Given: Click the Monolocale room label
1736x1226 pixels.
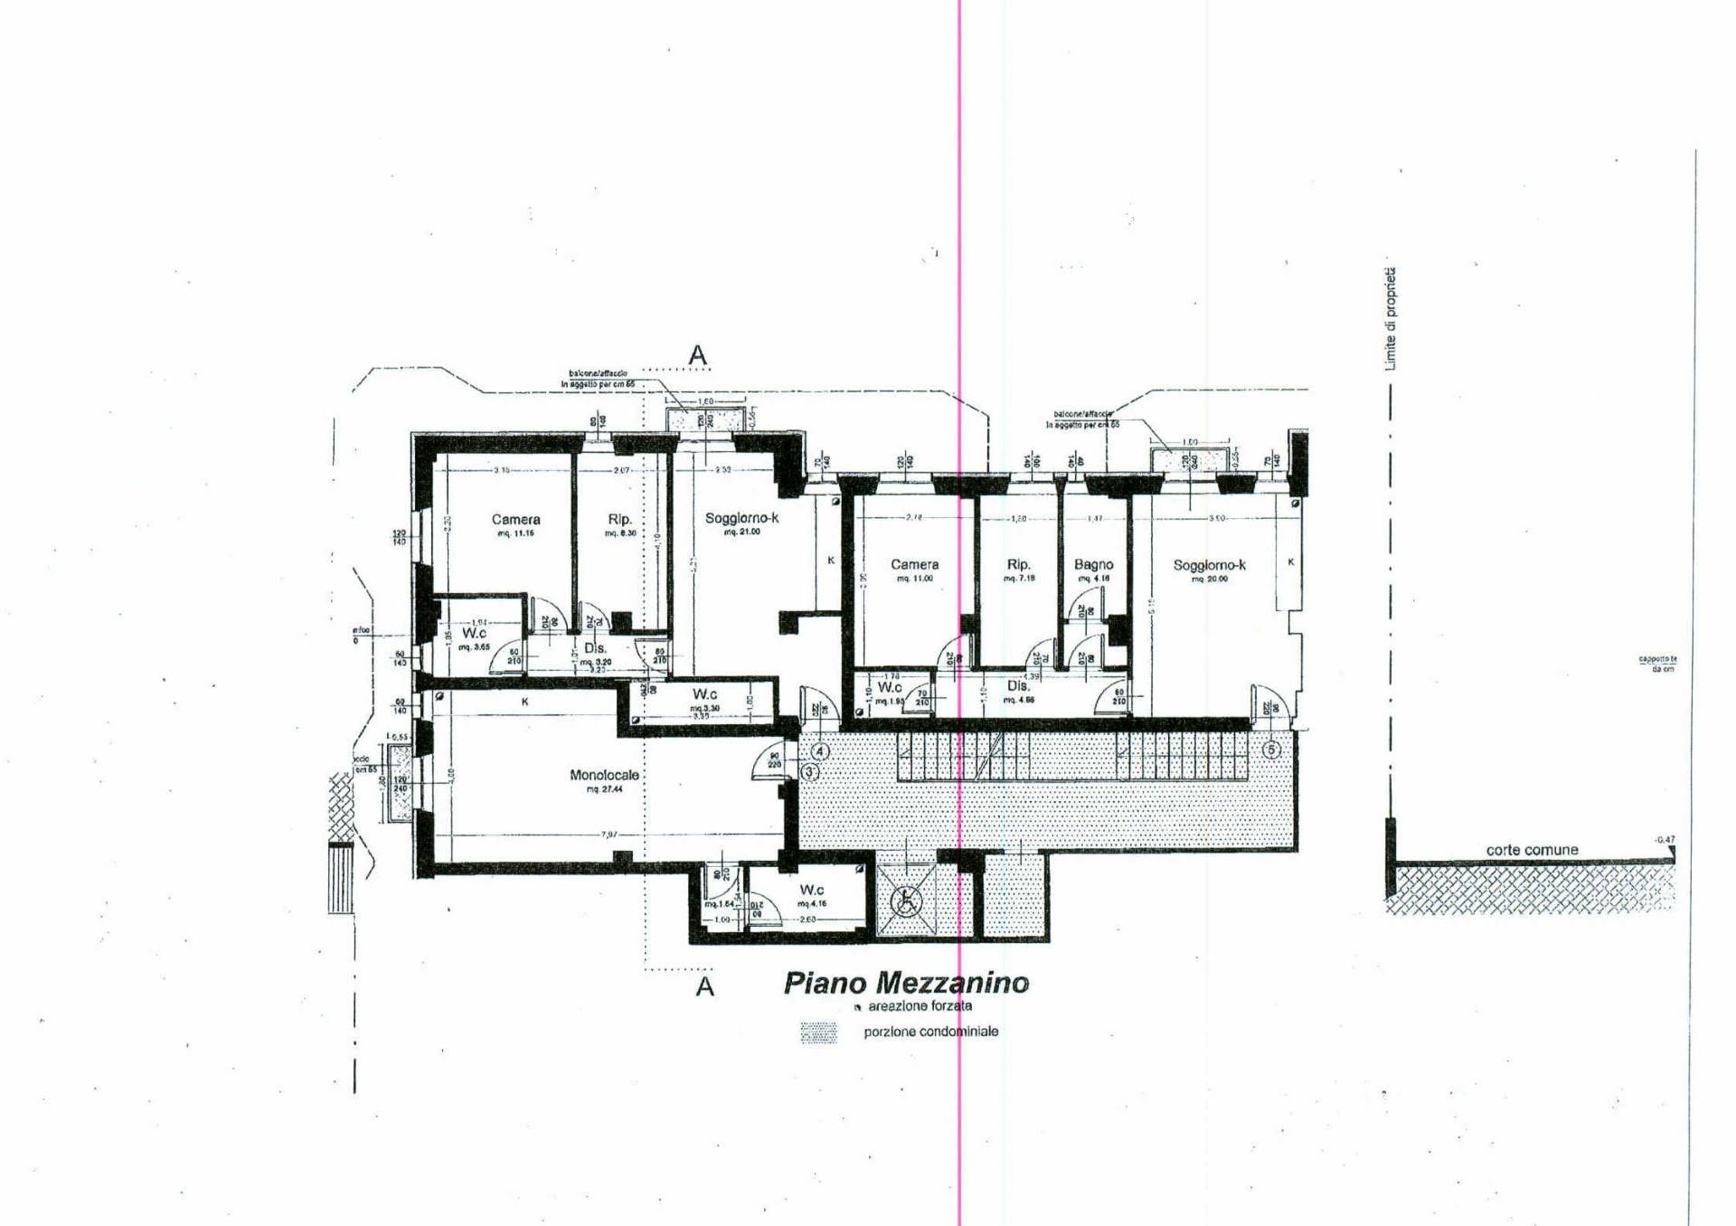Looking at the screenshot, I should tap(604, 775).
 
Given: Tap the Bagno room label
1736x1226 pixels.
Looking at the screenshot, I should tap(1093, 564).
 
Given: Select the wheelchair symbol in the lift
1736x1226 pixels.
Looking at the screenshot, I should tap(903, 900).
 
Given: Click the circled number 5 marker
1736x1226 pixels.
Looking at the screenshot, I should tap(1271, 750).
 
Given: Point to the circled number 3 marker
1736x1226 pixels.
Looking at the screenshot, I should tap(809, 771).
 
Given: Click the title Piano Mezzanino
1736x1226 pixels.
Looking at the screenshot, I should tap(905, 983).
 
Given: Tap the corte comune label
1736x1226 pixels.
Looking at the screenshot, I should tap(1532, 850).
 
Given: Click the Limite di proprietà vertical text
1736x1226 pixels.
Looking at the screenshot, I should tap(1391, 318).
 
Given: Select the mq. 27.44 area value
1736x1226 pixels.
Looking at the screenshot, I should tap(604, 789).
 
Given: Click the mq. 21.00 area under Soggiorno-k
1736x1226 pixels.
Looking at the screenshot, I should tap(741, 533).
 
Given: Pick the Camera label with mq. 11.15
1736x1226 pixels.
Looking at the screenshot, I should tap(515, 519).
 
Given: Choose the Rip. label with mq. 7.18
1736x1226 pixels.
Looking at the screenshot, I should tap(1018, 564).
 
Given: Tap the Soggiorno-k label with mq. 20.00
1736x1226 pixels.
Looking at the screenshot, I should tap(1209, 565).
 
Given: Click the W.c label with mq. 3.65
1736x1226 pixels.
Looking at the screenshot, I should tap(474, 633).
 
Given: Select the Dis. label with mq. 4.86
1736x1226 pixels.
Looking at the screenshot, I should tap(1018, 686).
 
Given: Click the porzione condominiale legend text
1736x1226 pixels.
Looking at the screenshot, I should tap(930, 1032).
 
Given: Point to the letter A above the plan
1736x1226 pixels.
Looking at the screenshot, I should tap(697, 355).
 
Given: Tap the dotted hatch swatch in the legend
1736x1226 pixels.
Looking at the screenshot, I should tap(818, 1033).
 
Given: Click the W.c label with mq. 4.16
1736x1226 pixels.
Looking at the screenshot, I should tap(811, 890).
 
